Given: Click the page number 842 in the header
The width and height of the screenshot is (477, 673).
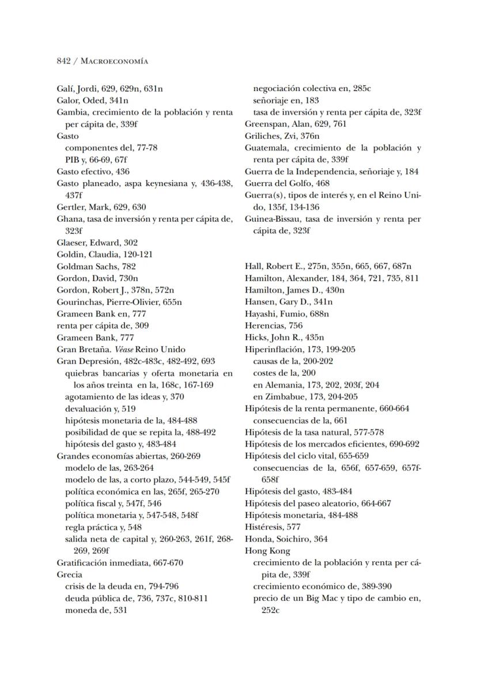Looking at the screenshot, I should [x=63, y=61].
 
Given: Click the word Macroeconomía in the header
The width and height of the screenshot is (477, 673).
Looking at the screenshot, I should [x=114, y=61].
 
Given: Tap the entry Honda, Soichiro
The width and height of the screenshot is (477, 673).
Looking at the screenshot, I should [x=278, y=539].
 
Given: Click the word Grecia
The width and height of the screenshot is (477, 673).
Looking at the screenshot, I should [x=69, y=574].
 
